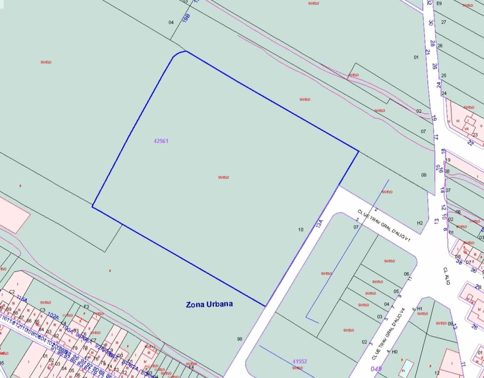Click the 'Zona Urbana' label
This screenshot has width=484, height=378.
[210, 304]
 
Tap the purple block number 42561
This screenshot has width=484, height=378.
[161, 141]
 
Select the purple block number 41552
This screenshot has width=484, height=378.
[300, 362]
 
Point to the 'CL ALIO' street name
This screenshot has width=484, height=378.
[447, 276]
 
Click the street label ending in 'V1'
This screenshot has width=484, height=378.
[384, 226]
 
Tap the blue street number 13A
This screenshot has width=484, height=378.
[320, 224]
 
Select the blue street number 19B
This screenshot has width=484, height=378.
[186, 18]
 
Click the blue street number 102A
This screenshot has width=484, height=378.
[53, 315]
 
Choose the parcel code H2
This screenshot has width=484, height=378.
[420, 223]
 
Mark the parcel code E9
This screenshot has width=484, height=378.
[439, 3]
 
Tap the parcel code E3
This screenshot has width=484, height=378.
[86, 306]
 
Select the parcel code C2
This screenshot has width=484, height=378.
[12, 292]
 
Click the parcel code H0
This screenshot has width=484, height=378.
[395, 352]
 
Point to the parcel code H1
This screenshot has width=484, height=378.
[419, 309]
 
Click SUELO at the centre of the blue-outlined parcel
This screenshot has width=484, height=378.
[223, 177]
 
